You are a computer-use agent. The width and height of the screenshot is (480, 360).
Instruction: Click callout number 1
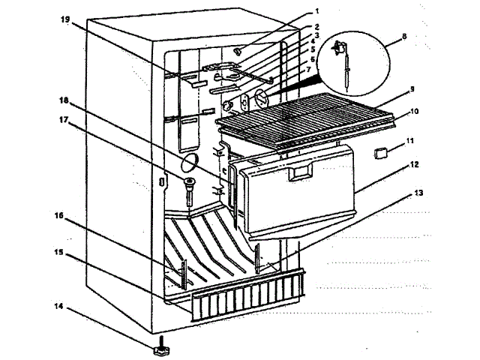(x=318, y=11)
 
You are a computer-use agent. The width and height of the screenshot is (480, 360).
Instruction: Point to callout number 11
(x=409, y=140)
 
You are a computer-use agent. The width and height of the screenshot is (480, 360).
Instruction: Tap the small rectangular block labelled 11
(x=380, y=152)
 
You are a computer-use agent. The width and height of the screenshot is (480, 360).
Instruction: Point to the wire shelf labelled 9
(x=307, y=113)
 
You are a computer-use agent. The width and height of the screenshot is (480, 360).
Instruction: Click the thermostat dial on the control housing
(x=259, y=97)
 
